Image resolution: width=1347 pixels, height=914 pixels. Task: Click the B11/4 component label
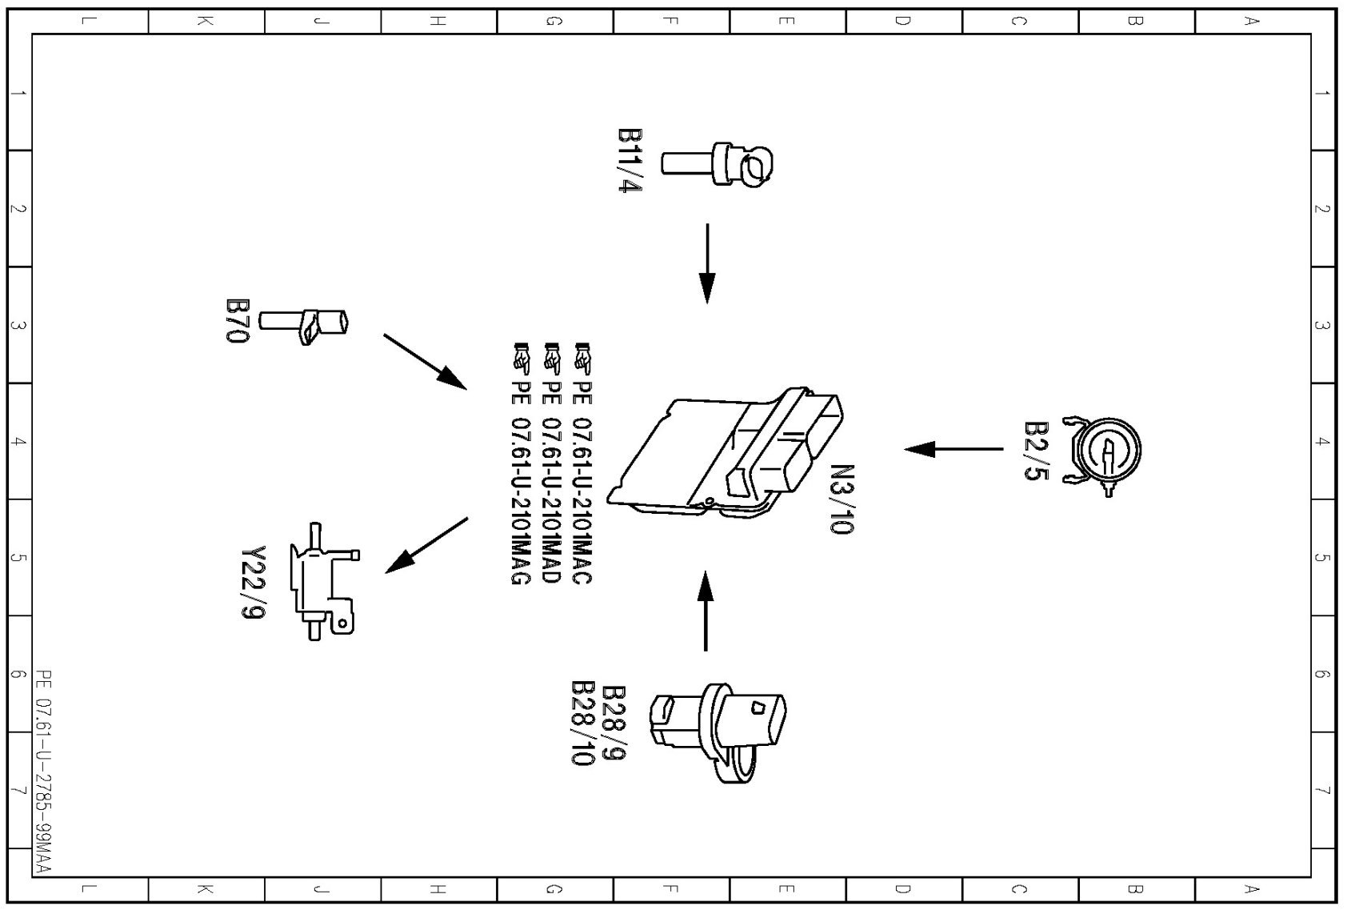(630, 160)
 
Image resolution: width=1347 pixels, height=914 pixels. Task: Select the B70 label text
(237, 321)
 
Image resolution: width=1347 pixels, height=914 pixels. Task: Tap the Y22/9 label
(253, 583)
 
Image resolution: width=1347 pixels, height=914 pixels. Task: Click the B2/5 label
(1036, 451)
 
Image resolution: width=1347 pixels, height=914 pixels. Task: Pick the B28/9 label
(613, 723)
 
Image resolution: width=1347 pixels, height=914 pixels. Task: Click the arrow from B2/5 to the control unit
(953, 449)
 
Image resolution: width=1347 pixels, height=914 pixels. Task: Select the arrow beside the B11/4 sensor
(707, 263)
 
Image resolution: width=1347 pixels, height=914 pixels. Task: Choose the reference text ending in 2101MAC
(582, 465)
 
